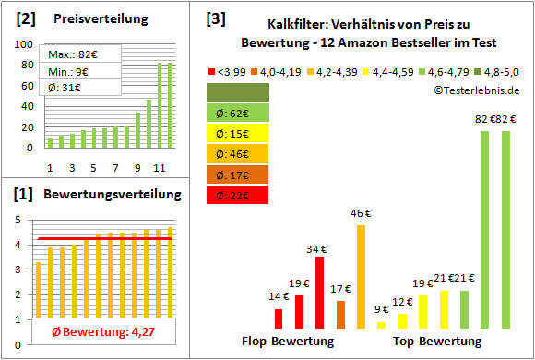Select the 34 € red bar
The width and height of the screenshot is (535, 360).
319,292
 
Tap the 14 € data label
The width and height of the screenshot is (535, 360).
279,296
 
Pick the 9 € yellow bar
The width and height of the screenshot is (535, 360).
382,324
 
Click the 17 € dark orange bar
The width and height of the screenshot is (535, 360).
340,314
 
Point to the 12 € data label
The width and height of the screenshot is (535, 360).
402,301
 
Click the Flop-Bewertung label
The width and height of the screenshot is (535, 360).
288,342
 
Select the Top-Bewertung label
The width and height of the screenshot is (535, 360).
437,342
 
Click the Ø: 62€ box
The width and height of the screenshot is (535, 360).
238,113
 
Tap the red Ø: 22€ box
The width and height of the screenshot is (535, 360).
238,194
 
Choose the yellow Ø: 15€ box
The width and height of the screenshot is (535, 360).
238,133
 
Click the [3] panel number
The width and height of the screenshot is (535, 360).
215,18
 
